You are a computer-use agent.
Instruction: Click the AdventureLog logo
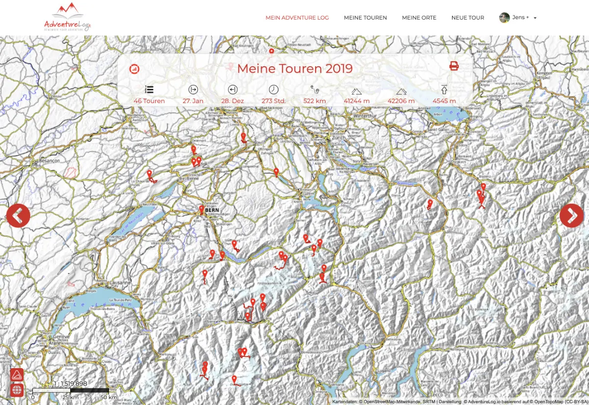(67, 17)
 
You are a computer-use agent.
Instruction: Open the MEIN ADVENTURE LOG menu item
(297, 18)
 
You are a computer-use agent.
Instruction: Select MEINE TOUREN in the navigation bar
(365, 18)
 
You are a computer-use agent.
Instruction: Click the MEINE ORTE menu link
(419, 18)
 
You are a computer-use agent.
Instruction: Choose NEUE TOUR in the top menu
(467, 18)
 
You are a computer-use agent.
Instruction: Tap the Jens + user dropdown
(518, 18)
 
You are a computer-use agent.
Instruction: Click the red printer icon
(454, 66)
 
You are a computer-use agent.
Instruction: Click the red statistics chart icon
(134, 69)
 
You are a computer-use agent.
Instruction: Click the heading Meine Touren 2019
(294, 68)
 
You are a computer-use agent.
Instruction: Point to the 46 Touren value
(149, 101)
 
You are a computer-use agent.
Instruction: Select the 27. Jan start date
(193, 101)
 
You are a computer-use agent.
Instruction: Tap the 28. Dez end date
(233, 101)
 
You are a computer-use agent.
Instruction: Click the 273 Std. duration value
(273, 101)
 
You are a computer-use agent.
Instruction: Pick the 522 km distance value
(315, 101)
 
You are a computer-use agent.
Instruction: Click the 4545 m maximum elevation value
(444, 101)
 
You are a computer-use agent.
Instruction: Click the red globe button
(17, 390)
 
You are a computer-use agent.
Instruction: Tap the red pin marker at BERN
(201, 210)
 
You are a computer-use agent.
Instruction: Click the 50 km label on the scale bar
(108, 397)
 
